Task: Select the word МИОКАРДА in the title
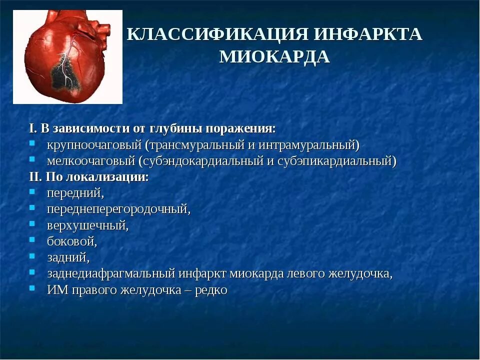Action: [274, 57]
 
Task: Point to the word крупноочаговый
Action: [94, 145]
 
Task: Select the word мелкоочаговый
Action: [91, 161]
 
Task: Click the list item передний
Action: [75, 193]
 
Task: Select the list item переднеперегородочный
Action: [118, 209]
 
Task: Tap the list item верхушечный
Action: [87, 225]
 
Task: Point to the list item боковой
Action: [71, 241]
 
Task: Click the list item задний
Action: [68, 257]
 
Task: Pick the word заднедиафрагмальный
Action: [111, 273]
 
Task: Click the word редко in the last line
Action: [211, 289]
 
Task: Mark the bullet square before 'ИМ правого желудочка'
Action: [32, 288]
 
